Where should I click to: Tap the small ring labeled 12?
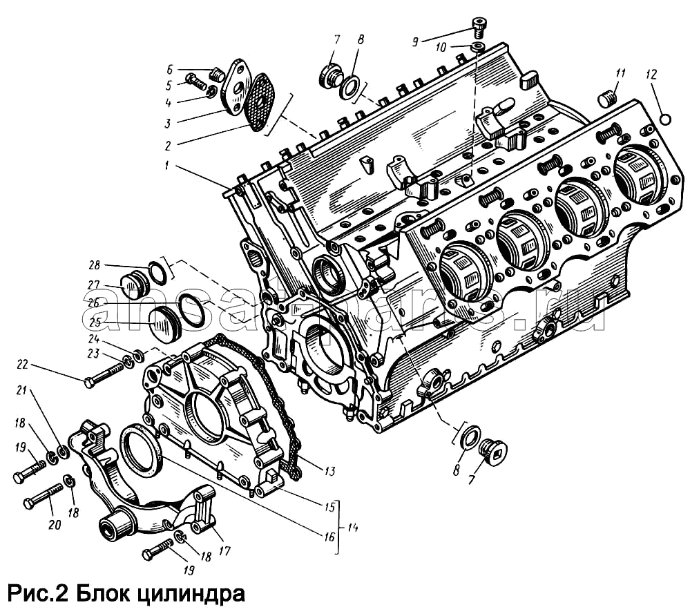pos(665,119)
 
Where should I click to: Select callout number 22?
pos(22,365)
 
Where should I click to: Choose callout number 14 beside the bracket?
pos(353,528)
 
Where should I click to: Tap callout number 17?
pos(224,551)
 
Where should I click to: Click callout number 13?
pos(329,471)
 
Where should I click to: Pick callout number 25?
pos(94,322)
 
